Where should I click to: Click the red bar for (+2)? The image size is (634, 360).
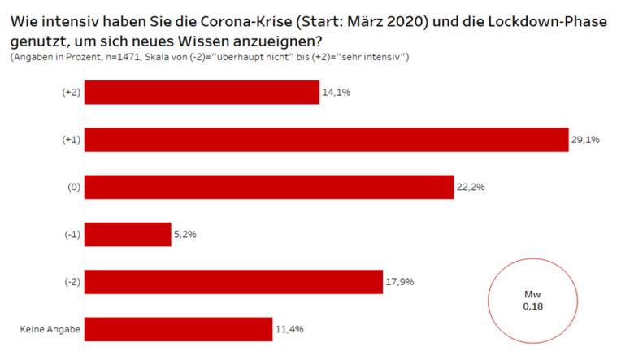click(x=202, y=93)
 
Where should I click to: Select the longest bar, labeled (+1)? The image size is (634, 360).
click(x=326, y=140)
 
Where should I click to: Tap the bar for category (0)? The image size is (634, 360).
click(x=269, y=187)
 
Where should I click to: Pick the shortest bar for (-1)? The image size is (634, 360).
click(x=128, y=234)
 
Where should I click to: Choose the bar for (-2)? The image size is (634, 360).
click(x=233, y=282)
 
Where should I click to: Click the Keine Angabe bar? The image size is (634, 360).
click(x=178, y=329)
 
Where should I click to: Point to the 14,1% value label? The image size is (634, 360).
click(x=337, y=93)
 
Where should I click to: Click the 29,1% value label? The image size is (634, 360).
click(x=586, y=140)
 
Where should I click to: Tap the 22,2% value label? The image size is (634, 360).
click(x=471, y=187)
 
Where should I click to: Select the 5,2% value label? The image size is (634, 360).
click(x=186, y=234)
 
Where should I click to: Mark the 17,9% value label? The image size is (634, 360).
click(x=401, y=282)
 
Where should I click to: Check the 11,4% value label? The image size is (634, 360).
click(x=290, y=329)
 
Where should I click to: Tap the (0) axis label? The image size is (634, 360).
click(x=73, y=187)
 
